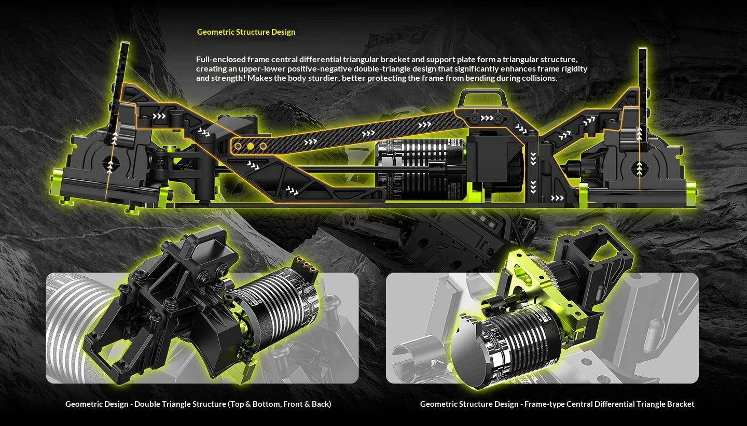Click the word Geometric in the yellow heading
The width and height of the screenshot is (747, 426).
pos(215,32)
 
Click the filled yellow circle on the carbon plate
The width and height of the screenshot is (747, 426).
pos(251,146)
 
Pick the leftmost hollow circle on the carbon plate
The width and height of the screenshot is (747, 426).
pos(238,146)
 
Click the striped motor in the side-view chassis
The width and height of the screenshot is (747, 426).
pos(421,170)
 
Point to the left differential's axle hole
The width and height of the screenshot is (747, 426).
pos(110,163)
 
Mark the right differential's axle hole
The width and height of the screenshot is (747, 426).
pos(639,168)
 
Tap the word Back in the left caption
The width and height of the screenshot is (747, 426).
pos(319,404)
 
